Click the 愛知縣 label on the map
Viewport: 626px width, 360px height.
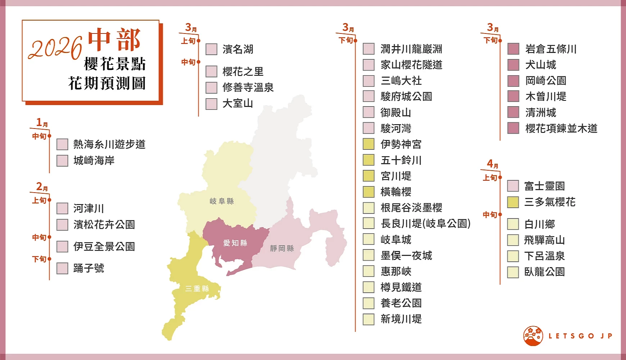tap(235, 243)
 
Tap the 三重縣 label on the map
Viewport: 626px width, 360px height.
tap(197, 289)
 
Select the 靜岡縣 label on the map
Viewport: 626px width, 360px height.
tap(282, 248)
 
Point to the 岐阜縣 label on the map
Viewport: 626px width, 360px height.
tap(222, 201)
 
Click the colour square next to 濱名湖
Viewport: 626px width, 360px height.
tap(211, 49)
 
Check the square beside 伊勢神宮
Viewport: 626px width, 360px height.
tap(368, 144)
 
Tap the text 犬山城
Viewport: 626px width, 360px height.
tap(540, 65)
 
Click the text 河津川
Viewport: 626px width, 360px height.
tap(89, 208)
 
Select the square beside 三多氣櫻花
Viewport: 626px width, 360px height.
tap(513, 202)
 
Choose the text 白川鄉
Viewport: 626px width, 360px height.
tap(539, 224)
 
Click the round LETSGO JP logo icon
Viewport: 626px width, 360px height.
tap(533, 336)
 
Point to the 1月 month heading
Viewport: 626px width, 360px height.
tap(42, 123)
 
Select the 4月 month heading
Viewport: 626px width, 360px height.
tap(492, 164)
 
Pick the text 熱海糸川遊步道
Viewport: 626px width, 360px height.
tap(109, 144)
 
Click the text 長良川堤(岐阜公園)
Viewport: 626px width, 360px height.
tap(426, 224)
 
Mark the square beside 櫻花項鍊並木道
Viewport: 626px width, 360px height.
tap(513, 128)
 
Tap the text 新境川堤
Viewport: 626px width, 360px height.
tap(401, 319)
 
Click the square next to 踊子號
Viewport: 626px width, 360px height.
tap(62, 268)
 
